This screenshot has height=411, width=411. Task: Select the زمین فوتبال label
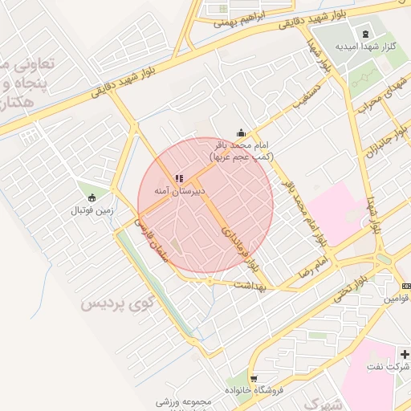point(93,210)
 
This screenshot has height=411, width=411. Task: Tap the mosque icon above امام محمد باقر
point(241,133)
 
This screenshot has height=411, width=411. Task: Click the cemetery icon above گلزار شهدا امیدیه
point(366,33)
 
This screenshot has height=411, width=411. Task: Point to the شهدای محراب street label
point(373,103)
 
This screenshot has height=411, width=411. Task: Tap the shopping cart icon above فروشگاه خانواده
point(254,379)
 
